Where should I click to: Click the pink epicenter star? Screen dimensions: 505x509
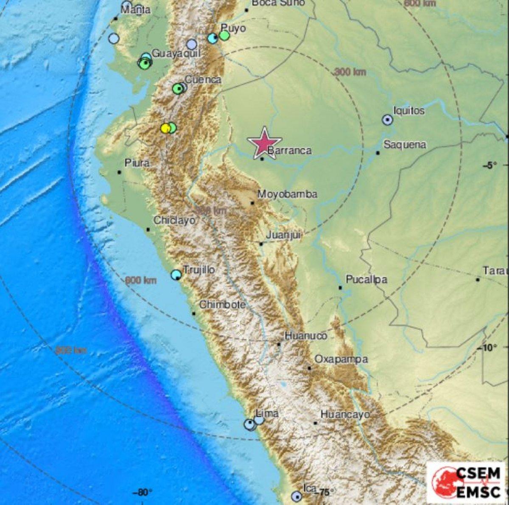click(264, 143)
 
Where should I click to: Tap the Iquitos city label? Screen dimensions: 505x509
click(408, 111)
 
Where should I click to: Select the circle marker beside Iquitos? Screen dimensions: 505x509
click(387, 120)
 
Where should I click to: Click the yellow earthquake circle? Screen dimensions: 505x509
click(165, 128)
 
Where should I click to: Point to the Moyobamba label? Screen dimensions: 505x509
click(288, 194)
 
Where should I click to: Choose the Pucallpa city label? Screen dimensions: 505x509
click(366, 279)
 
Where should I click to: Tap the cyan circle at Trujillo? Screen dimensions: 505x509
click(176, 275)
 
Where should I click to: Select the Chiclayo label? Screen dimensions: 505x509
click(174, 220)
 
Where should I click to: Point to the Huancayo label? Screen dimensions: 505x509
click(345, 414)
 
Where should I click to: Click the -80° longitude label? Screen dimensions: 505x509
click(142, 492)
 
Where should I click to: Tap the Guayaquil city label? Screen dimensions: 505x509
click(176, 54)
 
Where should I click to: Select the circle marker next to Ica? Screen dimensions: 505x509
click(296, 496)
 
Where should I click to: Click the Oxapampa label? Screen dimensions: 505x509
click(341, 359)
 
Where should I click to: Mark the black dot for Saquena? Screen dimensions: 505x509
click(378, 153)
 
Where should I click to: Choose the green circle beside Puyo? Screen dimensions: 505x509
click(224, 36)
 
